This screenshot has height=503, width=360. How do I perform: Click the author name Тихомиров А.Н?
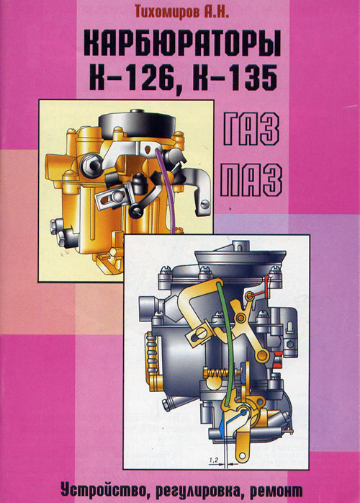182,11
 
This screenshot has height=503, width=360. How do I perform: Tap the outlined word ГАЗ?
251,129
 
